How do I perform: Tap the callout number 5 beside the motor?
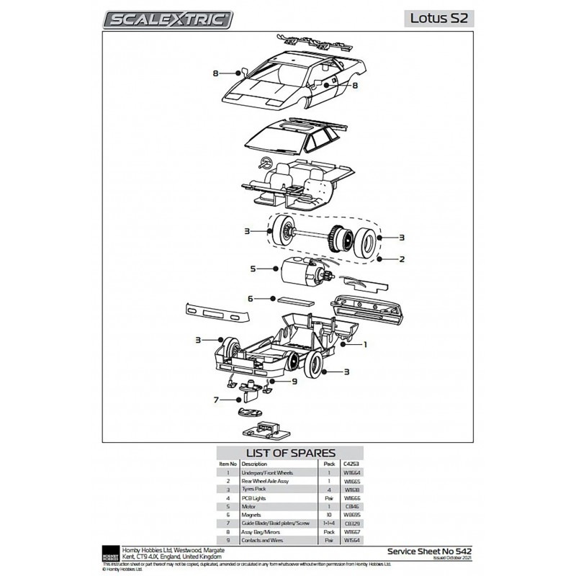pos(253,269)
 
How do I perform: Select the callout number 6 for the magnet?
pos(251,297)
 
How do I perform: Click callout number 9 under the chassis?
pos(294,382)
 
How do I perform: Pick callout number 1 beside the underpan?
pos(365,344)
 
